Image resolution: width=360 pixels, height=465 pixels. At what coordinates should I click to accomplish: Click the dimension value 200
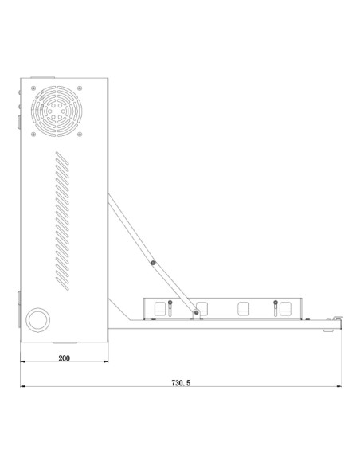(64, 358)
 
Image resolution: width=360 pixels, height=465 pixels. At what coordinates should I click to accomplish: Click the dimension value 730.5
(182, 383)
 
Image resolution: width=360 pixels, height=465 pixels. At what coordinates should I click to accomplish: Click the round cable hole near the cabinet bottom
(37, 319)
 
